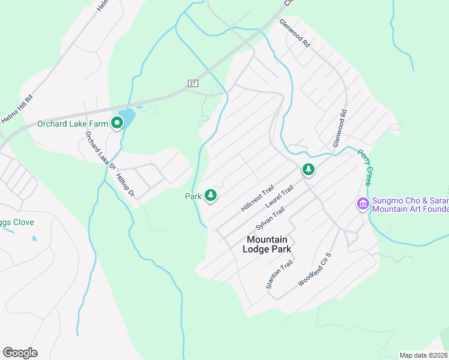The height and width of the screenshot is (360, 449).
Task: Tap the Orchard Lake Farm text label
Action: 72,124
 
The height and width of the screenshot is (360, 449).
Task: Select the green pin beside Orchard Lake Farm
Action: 117,123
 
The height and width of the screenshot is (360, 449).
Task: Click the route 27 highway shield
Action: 192,83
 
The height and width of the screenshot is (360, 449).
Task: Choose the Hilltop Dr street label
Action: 126,186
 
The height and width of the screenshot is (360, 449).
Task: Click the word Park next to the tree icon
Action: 193,196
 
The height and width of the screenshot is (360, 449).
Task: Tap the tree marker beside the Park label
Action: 210,194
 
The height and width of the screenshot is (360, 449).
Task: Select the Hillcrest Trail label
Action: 258,197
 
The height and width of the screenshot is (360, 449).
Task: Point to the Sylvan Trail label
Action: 270,218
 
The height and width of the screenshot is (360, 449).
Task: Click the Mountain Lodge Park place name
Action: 268,244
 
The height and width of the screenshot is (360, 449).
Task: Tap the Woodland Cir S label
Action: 314,270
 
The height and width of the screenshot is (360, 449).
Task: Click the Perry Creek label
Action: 365,167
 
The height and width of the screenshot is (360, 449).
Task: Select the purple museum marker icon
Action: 363,205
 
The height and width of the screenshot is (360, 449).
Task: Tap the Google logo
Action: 20,353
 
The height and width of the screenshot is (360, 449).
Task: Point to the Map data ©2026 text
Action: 424,355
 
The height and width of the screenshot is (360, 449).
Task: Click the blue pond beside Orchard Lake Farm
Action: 127,116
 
